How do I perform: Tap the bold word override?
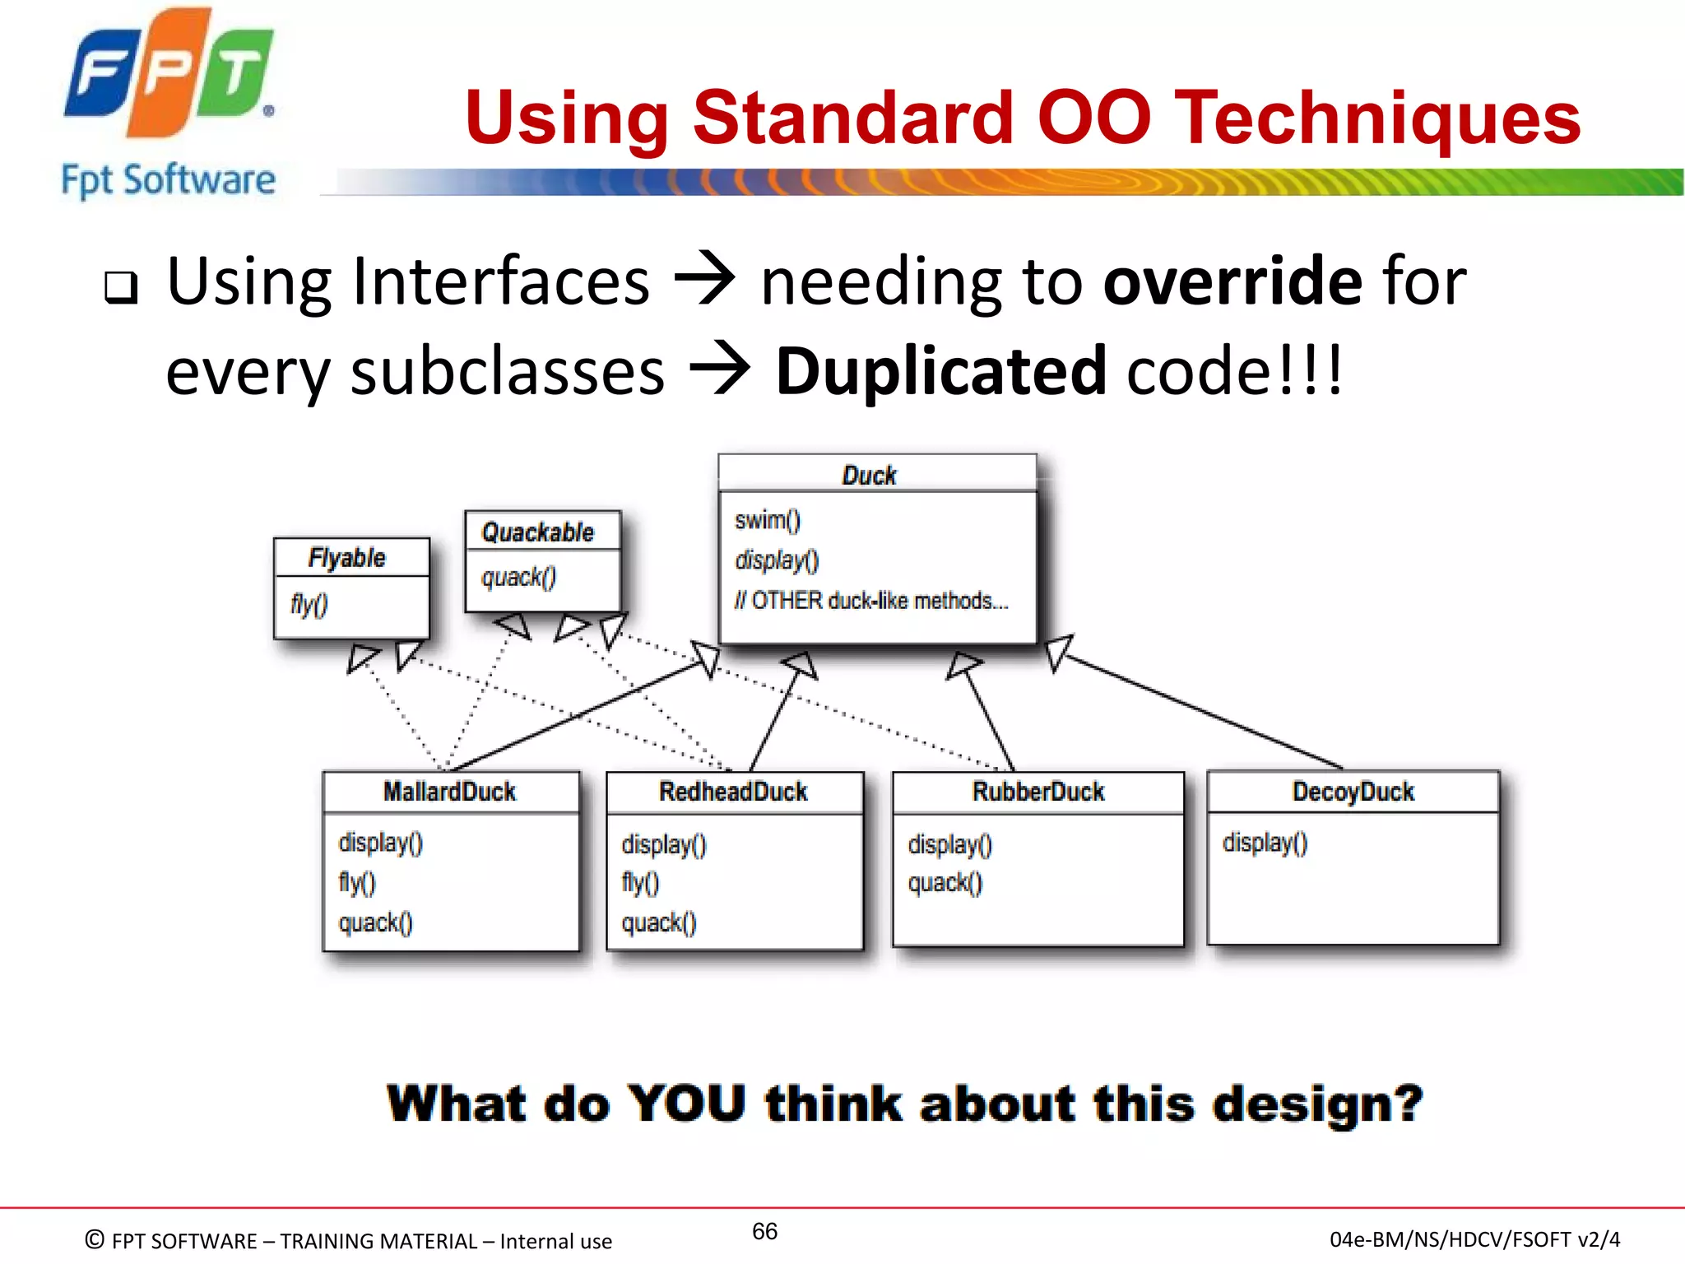click(x=1232, y=281)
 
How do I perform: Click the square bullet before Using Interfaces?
click(x=121, y=287)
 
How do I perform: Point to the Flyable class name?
click(x=346, y=558)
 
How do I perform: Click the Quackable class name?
click(x=537, y=532)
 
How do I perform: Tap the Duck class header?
click(x=869, y=475)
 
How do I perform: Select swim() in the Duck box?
click(x=767, y=520)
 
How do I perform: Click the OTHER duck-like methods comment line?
click(x=870, y=601)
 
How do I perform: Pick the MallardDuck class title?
click(x=449, y=792)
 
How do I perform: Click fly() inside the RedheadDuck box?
click(x=640, y=883)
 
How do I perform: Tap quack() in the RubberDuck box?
click(x=945, y=883)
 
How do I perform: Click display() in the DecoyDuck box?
click(x=1265, y=843)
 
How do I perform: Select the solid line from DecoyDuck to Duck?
click(x=1201, y=712)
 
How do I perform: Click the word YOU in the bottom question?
click(x=687, y=1104)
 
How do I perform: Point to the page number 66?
click(x=764, y=1231)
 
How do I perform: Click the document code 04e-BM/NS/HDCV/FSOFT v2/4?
click(x=1474, y=1239)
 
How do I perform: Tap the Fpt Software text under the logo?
click(x=169, y=180)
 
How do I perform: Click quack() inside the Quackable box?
click(x=518, y=578)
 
